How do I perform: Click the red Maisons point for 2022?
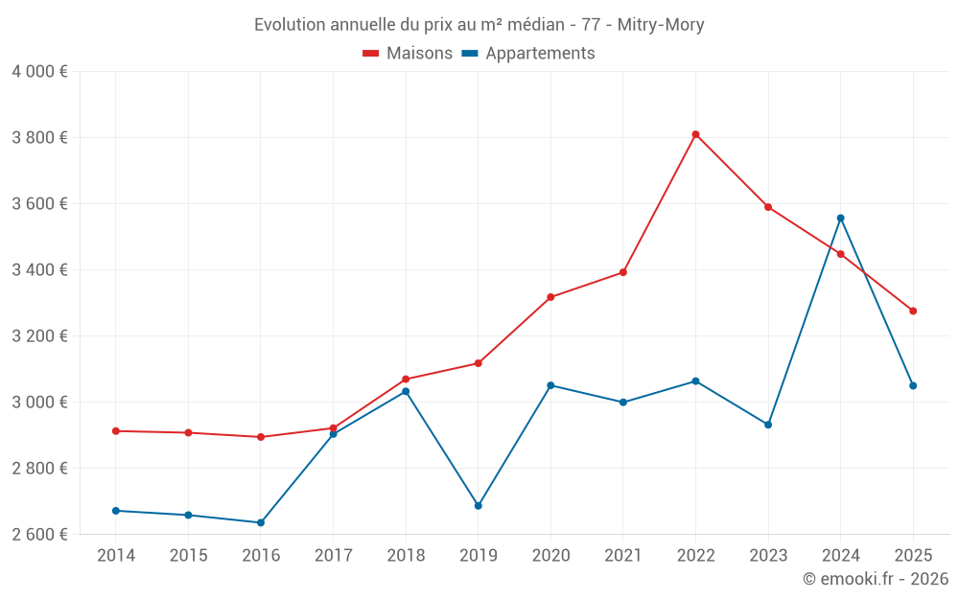tap(695, 134)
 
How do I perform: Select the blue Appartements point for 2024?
tap(841, 219)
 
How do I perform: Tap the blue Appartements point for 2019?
tap(479, 505)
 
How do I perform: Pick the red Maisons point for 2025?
tap(913, 311)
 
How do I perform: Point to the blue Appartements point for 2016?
tap(261, 522)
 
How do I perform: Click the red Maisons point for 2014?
tap(116, 431)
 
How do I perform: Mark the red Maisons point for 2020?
tap(550, 297)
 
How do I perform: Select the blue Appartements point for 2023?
tap(768, 425)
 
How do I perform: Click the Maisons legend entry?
tap(408, 54)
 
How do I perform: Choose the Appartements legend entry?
tap(528, 54)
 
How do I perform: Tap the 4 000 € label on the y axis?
tap(39, 72)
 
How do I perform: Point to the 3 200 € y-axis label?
tap(39, 336)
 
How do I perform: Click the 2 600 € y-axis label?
tap(39, 535)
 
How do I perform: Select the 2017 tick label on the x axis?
tap(333, 556)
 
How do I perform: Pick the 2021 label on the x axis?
tap(623, 556)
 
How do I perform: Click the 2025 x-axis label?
tap(913, 556)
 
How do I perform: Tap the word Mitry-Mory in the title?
tap(661, 25)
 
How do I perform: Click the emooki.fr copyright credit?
tap(876, 579)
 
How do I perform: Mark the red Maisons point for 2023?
tap(768, 207)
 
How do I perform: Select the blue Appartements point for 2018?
tap(406, 391)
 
